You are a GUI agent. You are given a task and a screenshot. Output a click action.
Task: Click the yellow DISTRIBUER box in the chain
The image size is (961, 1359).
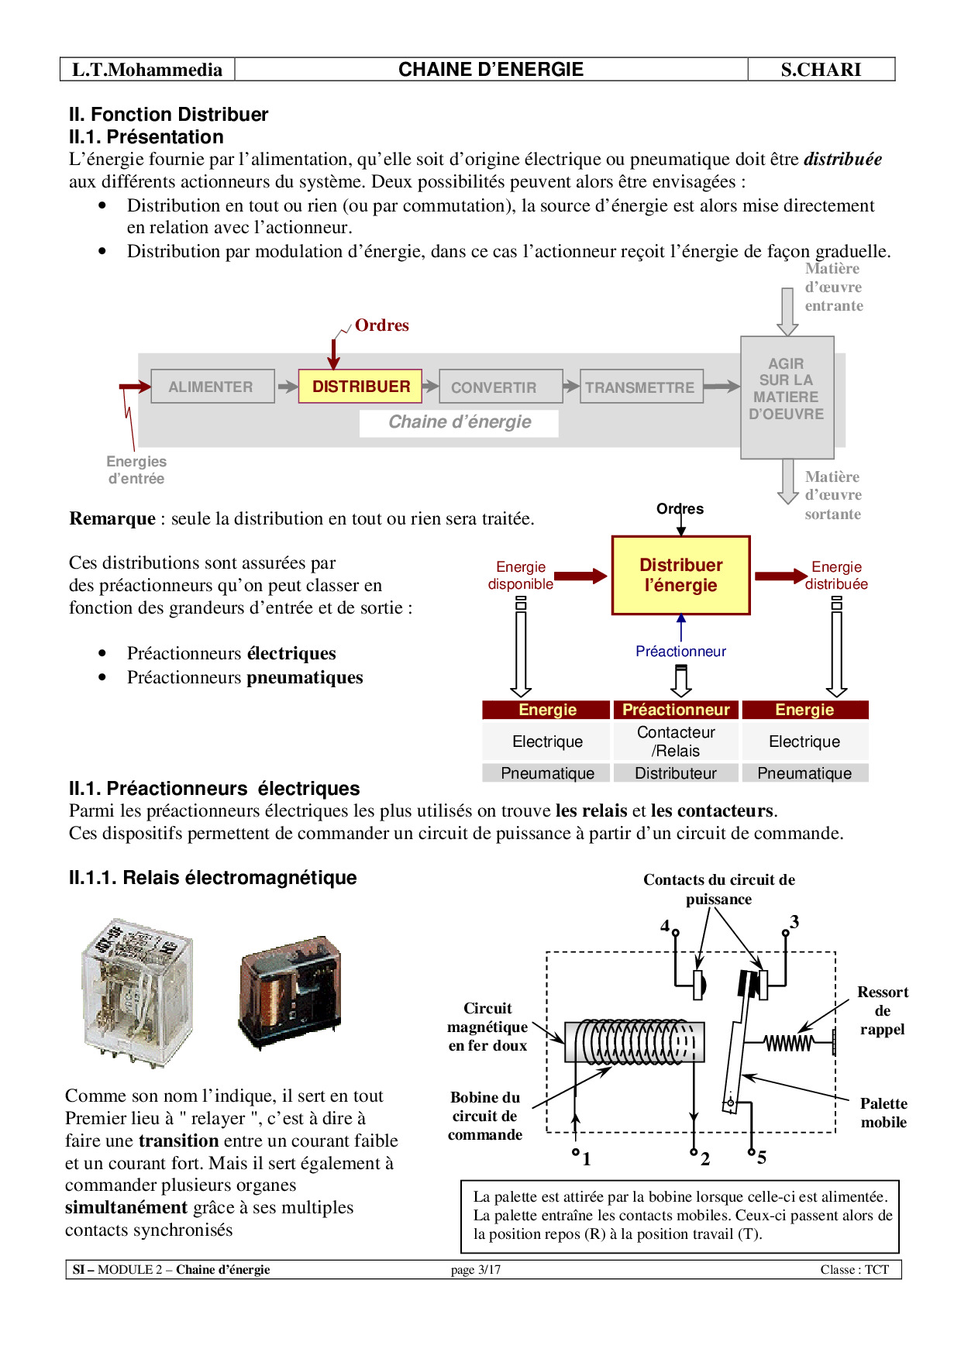360,387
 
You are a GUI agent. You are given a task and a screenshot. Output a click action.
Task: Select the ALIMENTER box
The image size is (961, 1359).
212,387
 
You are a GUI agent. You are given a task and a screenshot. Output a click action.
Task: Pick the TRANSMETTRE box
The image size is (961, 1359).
641,387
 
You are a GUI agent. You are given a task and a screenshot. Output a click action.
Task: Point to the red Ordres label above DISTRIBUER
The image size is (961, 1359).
382,325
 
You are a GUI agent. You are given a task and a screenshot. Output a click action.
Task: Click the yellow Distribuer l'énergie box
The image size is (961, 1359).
680,576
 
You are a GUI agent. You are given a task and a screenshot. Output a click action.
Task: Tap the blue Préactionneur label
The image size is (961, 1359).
680,652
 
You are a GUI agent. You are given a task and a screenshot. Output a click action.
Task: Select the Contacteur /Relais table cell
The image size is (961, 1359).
676,741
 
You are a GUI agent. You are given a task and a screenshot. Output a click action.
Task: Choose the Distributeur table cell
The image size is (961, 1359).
676,773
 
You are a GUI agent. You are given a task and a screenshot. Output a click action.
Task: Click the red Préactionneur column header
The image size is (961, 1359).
676,710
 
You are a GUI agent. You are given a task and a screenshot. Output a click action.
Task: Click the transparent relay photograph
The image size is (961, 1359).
137,992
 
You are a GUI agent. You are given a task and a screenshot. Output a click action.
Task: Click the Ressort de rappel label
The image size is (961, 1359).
883,1010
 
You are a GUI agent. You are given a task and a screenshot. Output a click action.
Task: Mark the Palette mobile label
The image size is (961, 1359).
883,1113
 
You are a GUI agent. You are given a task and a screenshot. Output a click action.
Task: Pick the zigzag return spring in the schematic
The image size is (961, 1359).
789,1043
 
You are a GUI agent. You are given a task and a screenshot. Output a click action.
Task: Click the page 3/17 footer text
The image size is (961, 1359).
476,1270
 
